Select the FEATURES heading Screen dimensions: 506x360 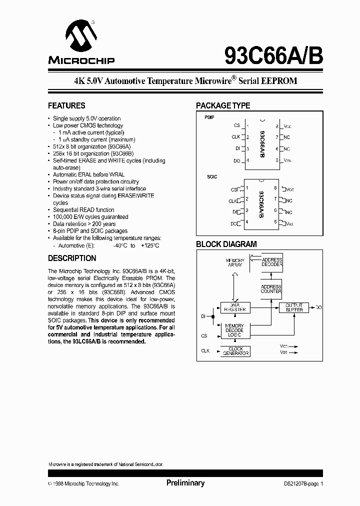pyautogui.click(x=66, y=105)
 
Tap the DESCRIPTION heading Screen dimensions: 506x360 pyautogui.click(x=72, y=258)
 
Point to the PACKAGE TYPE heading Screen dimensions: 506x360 pyautogui.click(x=222, y=105)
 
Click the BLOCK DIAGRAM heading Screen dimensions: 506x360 pyautogui.click(x=226, y=244)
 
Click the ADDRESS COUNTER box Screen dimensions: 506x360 pyautogui.click(x=271, y=289)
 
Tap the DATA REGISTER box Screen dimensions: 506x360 pyautogui.click(x=234, y=307)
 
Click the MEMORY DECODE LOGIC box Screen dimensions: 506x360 pyautogui.click(x=234, y=330)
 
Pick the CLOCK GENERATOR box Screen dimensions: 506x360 pyautogui.click(x=235, y=351)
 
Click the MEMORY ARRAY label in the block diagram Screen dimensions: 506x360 pyautogui.click(x=234, y=262)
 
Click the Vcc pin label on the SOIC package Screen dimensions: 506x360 pyautogui.click(x=289, y=190)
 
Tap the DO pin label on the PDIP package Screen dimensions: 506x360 pyautogui.click(x=236, y=161)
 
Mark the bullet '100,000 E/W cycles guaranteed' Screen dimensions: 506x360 pyautogui.click(x=90, y=217)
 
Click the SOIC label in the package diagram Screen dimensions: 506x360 pyautogui.click(x=212, y=177)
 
